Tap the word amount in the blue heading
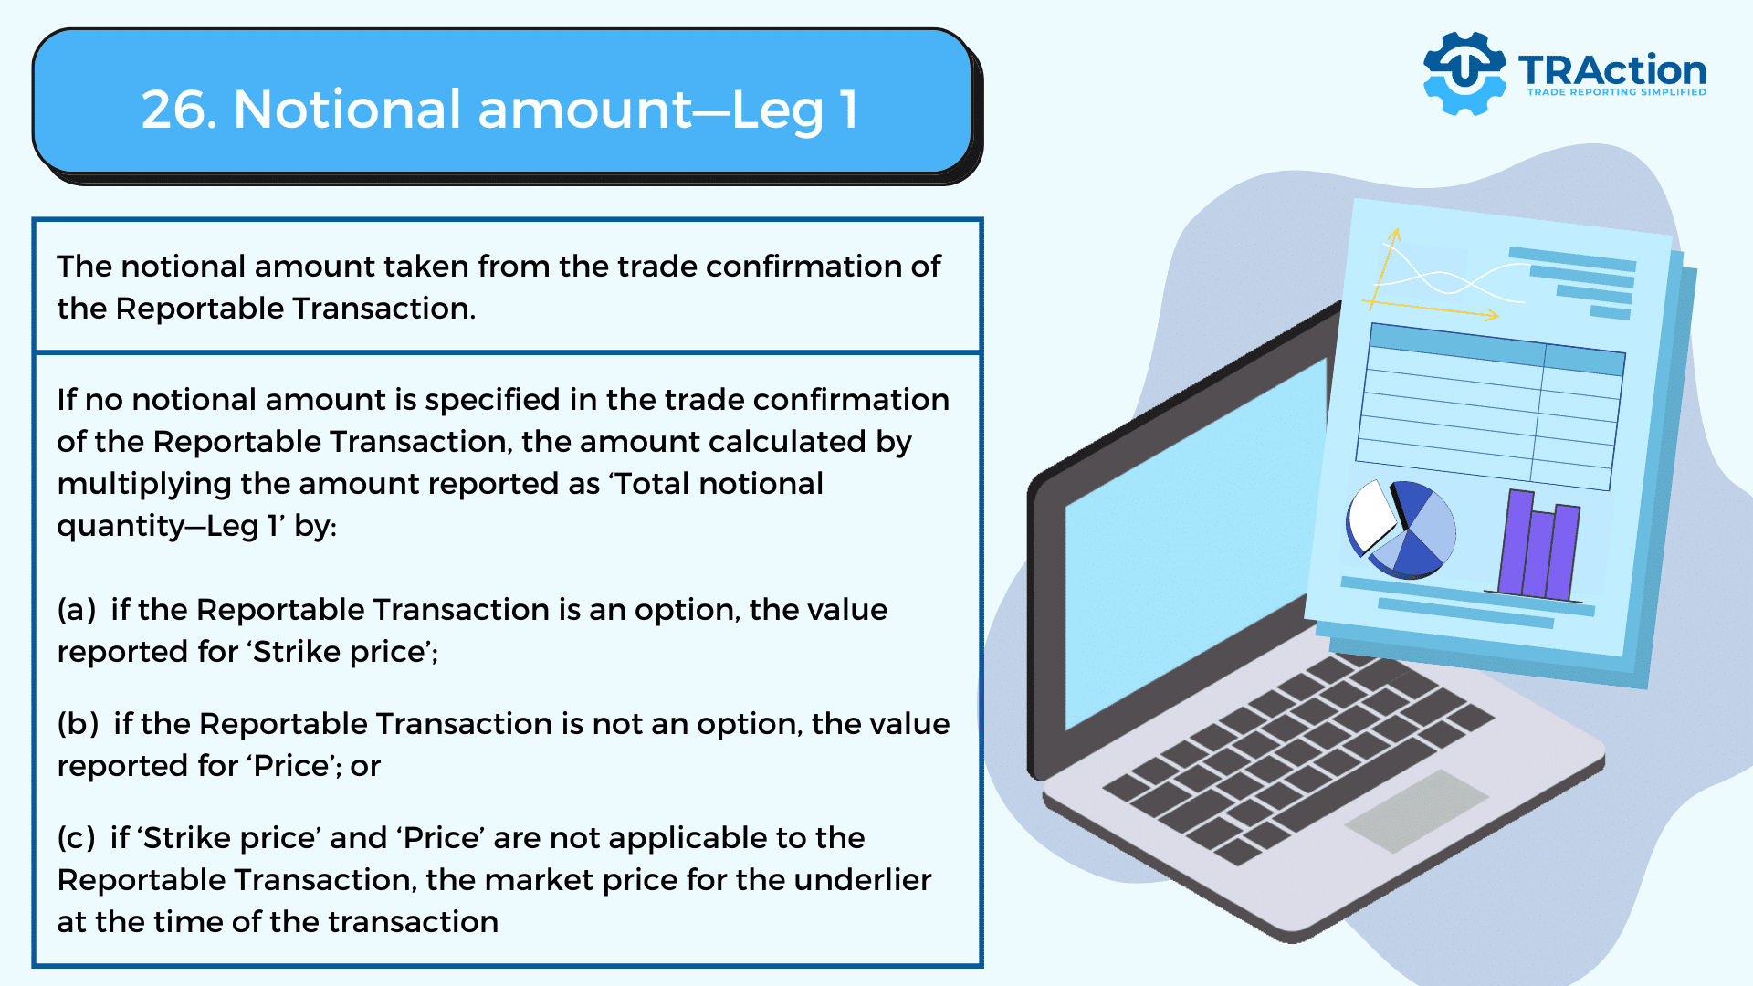(x=585, y=110)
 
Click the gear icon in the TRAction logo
(x=1464, y=73)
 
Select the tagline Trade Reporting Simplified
(x=1616, y=92)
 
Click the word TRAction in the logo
(x=1612, y=69)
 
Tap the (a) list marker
(x=77, y=610)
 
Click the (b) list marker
(x=78, y=724)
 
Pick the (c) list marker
(x=76, y=838)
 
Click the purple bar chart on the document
(x=1539, y=545)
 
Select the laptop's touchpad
(x=1416, y=811)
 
